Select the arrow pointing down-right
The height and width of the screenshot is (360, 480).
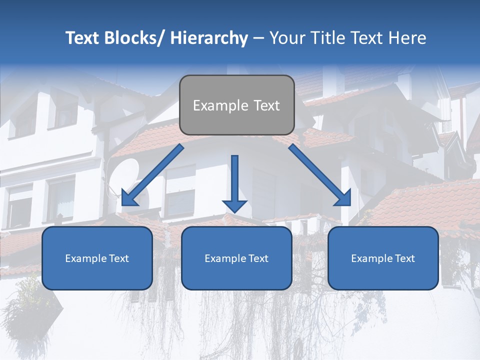320,175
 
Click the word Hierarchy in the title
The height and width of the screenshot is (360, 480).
209,38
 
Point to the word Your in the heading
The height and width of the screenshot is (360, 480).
287,38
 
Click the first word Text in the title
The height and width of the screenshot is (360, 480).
84,38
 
